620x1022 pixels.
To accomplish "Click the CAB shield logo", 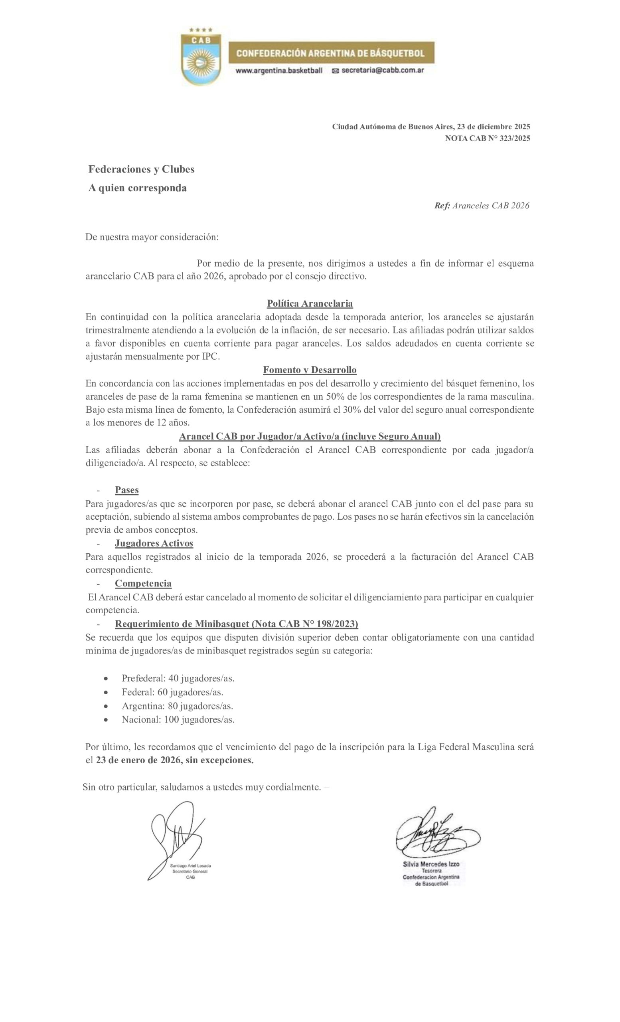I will [201, 56].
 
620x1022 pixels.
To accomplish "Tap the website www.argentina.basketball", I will [279, 71].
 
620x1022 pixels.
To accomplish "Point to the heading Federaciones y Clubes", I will [141, 169].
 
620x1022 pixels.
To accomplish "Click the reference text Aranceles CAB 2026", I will [490, 206].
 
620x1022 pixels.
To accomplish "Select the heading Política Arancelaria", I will [310, 303].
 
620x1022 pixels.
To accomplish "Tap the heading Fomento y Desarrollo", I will [310, 370].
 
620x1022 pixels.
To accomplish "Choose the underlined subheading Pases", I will [127, 490].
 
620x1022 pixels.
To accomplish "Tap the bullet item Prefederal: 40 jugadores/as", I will [178, 678].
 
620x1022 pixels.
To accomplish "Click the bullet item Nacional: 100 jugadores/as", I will [178, 719].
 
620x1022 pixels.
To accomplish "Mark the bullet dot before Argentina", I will [107, 706].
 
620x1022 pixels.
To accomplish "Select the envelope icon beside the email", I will [335, 71].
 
